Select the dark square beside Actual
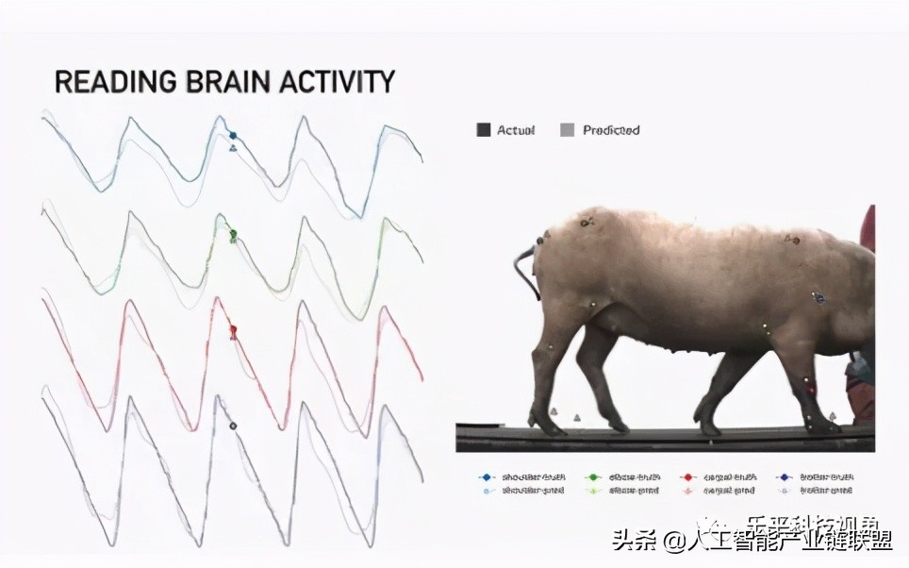[x=484, y=130]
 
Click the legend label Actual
[x=516, y=130]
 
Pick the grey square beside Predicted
[x=567, y=130]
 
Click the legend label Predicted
[x=611, y=130]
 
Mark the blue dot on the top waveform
[x=233, y=135]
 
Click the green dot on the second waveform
[x=233, y=233]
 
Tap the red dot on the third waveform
[x=233, y=330]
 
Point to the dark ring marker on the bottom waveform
[x=233, y=426]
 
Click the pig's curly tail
[x=521, y=269]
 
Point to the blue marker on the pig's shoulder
[x=818, y=298]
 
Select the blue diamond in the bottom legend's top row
[x=487, y=477]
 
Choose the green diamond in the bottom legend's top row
[x=593, y=477]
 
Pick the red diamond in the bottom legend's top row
[x=689, y=477]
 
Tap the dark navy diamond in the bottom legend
[x=785, y=477]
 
